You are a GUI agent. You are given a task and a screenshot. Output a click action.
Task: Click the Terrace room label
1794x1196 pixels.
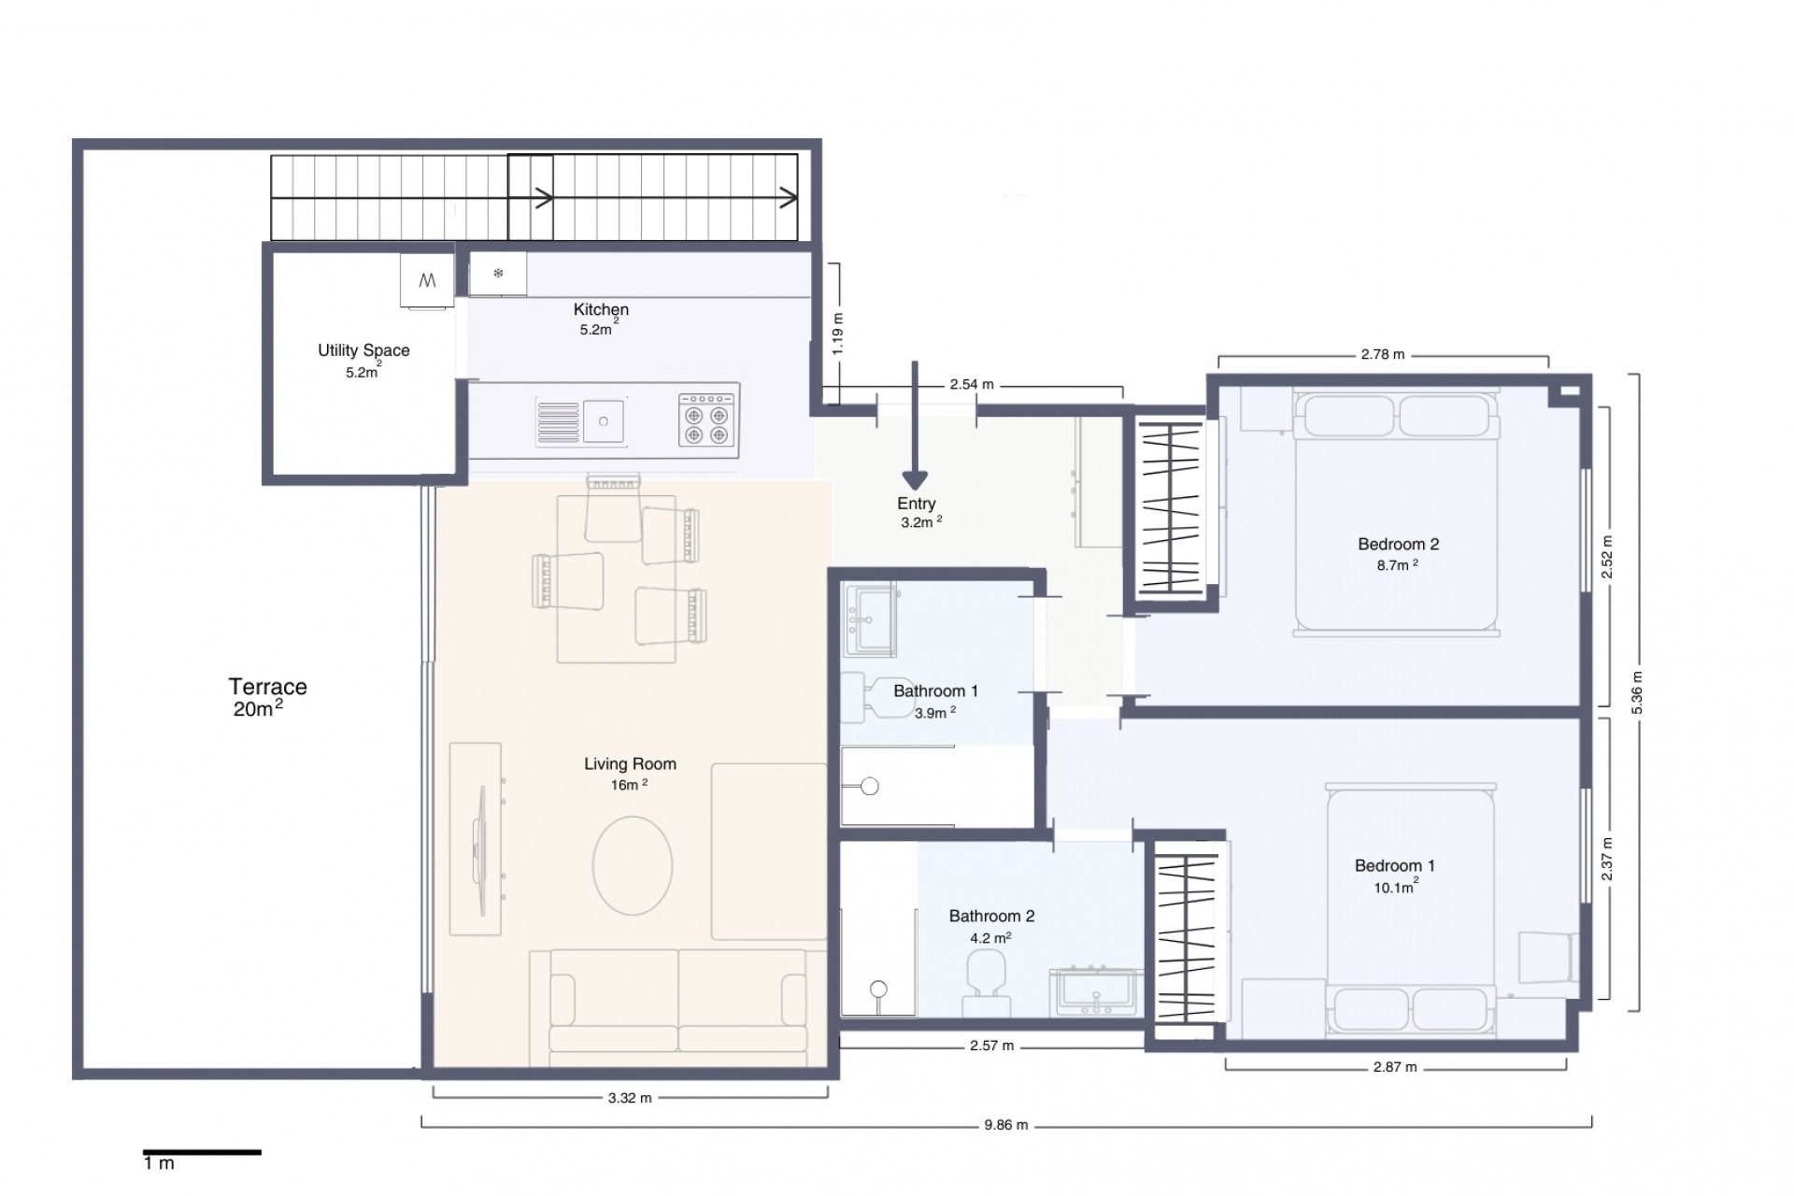267,687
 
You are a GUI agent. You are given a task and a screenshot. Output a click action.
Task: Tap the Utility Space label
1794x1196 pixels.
363,350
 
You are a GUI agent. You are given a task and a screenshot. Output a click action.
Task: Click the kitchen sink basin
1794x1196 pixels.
604,421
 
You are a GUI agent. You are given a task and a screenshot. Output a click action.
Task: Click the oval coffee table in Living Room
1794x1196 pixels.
633,865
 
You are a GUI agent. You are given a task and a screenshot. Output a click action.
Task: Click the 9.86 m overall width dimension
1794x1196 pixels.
1005,1125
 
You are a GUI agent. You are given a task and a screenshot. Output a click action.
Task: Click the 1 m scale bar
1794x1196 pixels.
202,1153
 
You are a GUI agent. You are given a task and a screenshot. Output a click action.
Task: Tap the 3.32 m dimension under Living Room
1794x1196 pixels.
629,1098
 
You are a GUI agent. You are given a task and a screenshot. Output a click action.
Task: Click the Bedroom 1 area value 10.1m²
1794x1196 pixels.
1395,888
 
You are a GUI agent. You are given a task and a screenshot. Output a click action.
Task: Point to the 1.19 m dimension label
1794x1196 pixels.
837,333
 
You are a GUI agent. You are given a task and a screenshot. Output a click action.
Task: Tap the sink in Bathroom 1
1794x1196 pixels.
868,618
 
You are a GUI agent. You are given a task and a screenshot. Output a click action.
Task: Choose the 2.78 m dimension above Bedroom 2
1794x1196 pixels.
1382,355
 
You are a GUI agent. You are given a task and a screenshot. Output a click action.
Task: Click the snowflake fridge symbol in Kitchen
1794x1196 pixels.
498,274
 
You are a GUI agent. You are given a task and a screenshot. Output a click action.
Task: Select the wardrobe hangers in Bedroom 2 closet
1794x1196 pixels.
1171,509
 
